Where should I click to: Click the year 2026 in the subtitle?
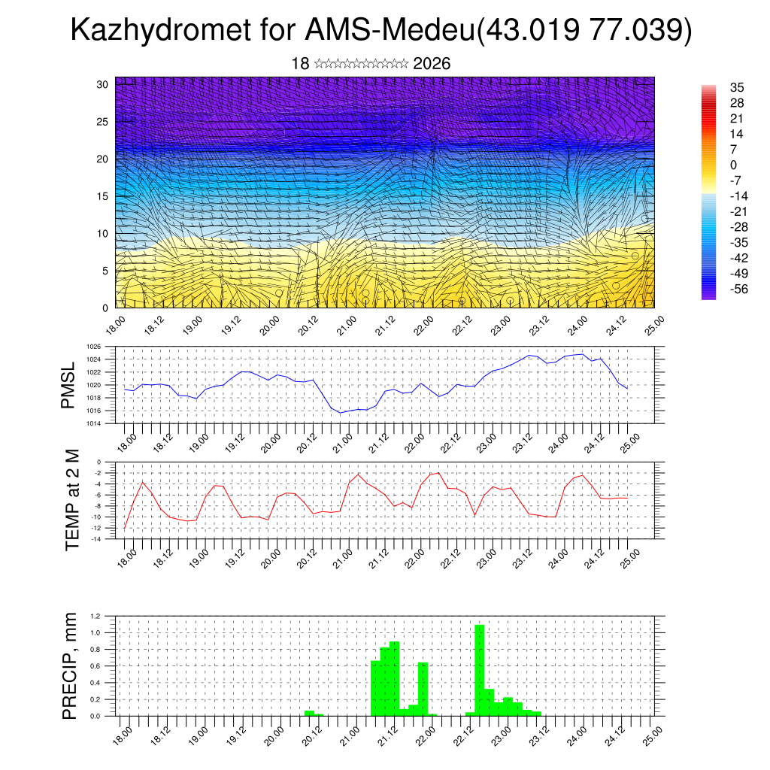point(432,64)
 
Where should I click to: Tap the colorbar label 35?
point(737,88)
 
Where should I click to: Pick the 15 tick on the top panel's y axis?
point(103,196)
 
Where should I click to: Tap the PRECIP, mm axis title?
point(70,665)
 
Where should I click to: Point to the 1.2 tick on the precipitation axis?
point(95,616)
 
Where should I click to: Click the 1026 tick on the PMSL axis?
point(93,347)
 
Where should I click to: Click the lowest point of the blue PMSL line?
point(340,413)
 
